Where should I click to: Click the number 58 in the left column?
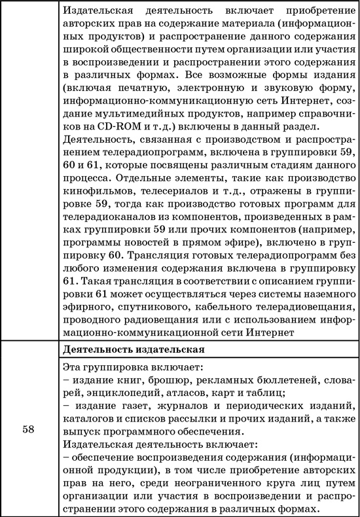(x=29, y=430)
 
